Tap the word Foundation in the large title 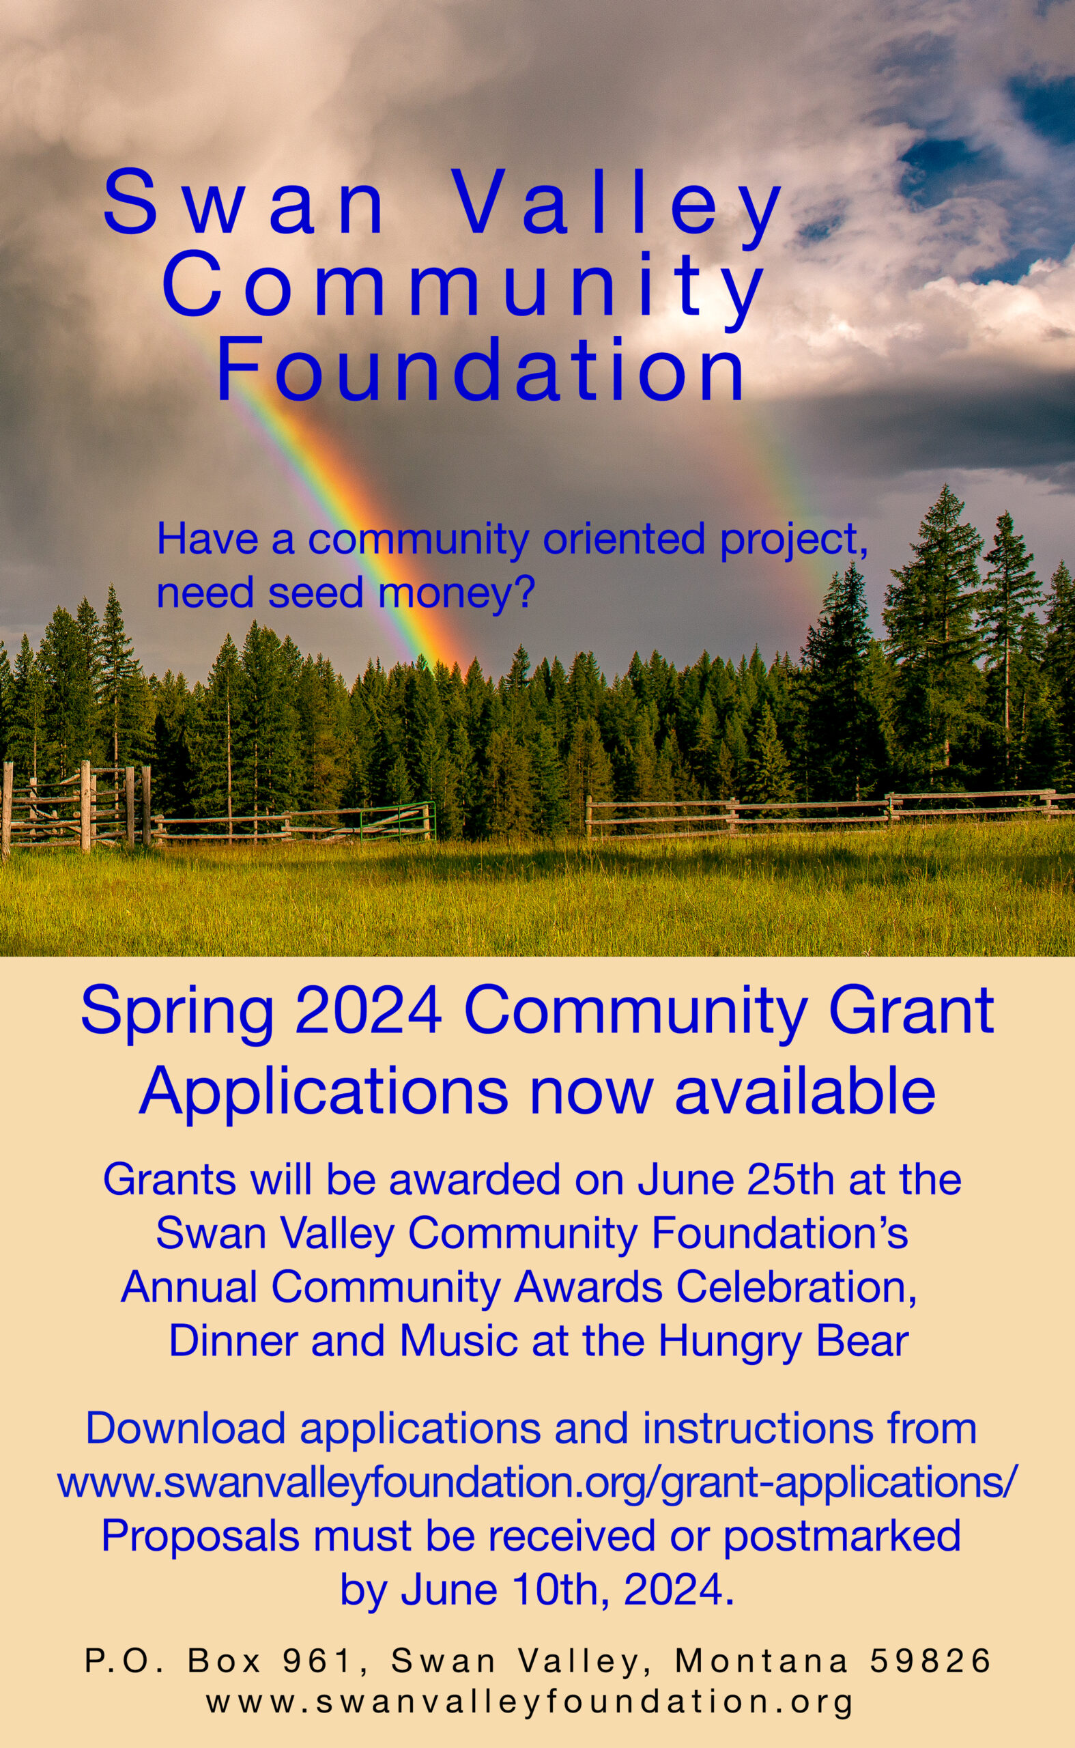481,369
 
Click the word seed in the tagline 319,593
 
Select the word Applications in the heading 323,1092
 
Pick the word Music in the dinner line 458,1341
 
